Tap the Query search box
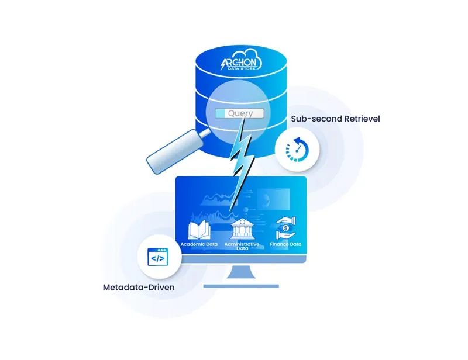pyautogui.click(x=240, y=113)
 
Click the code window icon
pyautogui.click(x=157, y=257)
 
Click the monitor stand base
pyautogui.click(x=241, y=286)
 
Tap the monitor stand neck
pyautogui.click(x=241, y=273)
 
